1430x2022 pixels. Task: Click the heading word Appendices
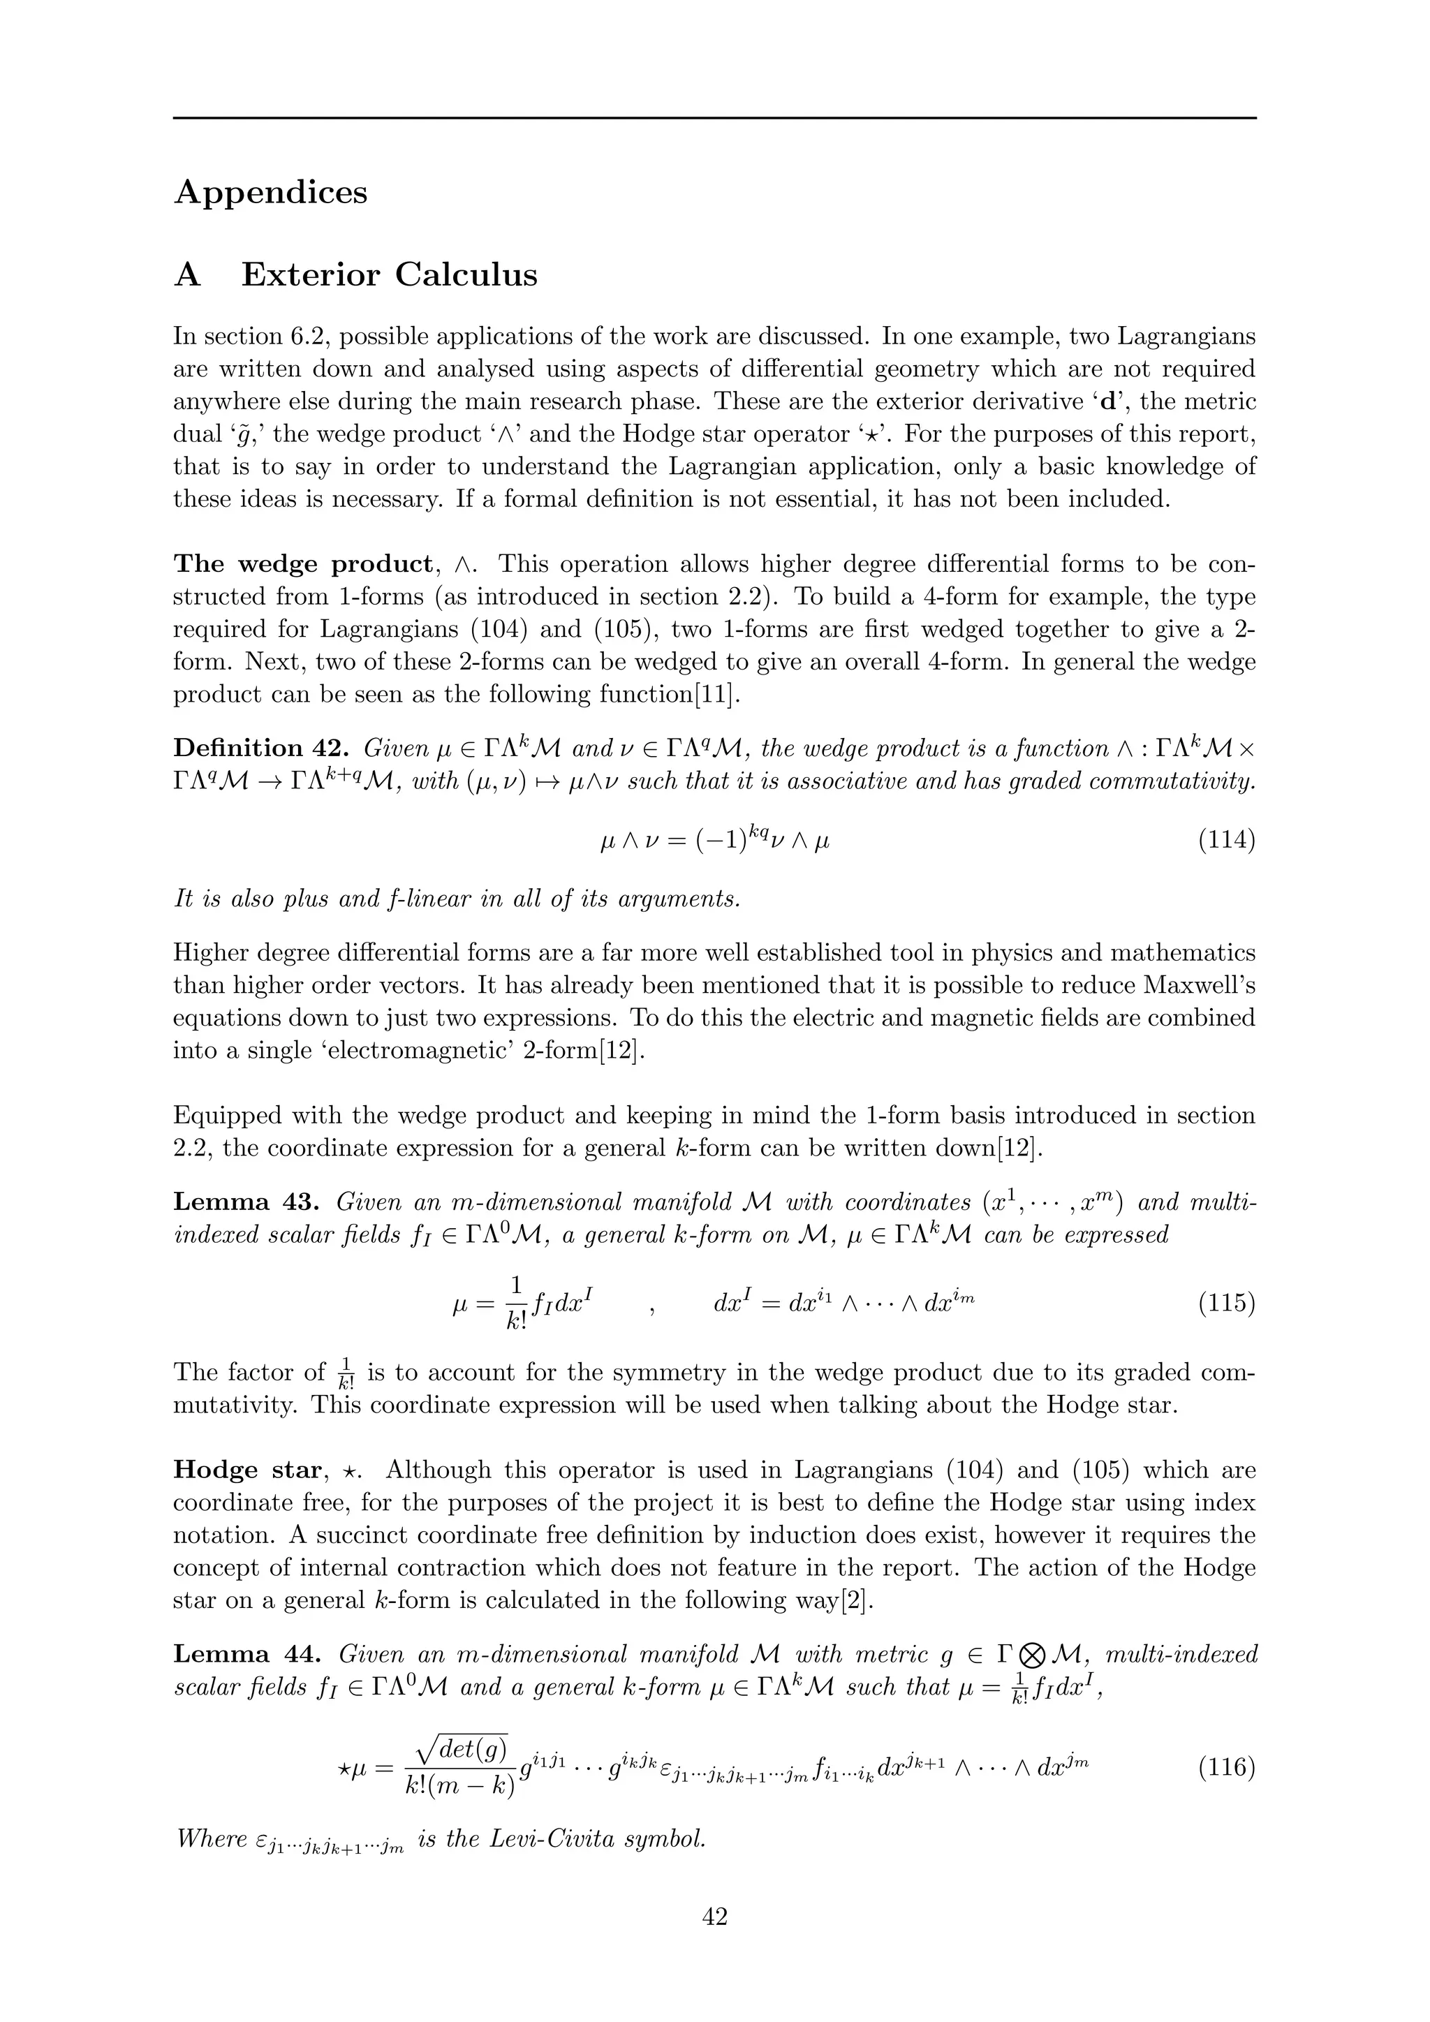270,193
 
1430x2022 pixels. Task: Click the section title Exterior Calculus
389,275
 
